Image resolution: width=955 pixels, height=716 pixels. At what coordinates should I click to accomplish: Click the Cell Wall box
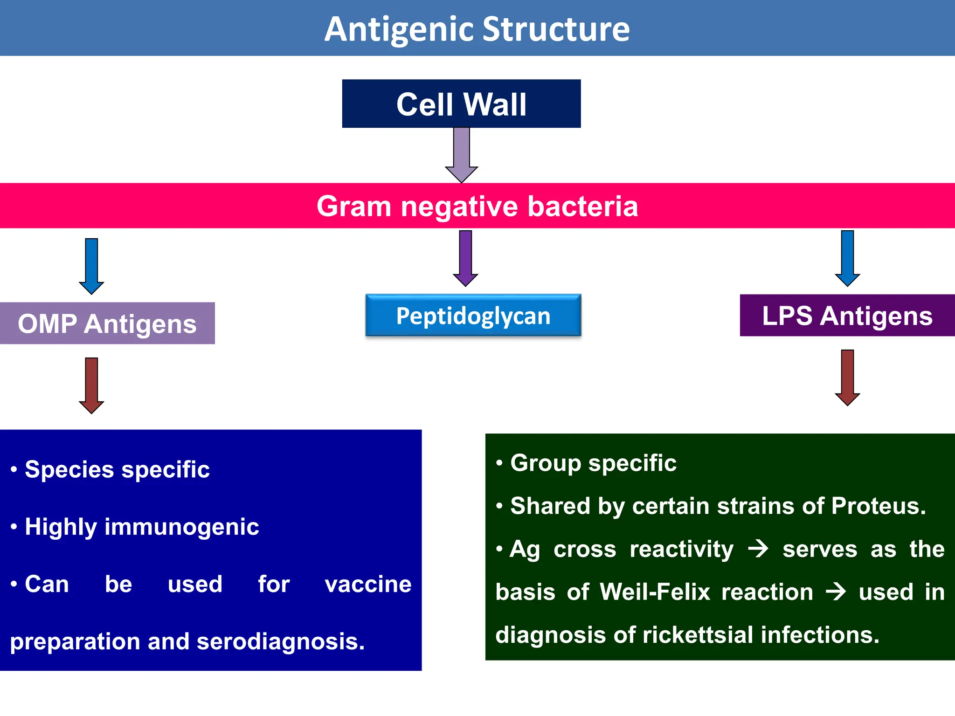pos(461,103)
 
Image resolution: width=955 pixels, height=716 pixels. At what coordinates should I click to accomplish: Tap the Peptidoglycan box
pos(473,316)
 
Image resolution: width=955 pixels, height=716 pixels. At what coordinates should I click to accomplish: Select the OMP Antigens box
pos(107,324)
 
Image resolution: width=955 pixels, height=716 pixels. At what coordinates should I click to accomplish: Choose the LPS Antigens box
pos(847,316)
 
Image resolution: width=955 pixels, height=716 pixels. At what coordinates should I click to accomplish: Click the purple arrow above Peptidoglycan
pos(465,258)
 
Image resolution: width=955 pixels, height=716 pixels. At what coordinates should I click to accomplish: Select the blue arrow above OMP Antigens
pos(91,266)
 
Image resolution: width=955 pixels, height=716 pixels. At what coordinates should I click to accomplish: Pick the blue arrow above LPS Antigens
pos(847,258)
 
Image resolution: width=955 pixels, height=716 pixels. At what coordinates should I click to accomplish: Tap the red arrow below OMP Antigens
pos(91,385)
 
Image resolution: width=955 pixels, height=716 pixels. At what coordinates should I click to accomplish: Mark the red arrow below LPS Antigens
pos(847,377)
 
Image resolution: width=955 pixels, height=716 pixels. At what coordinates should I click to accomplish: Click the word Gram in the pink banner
pos(353,206)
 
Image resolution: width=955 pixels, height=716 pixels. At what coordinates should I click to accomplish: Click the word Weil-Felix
pos(655,592)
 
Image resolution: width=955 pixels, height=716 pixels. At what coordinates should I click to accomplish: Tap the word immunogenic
pos(181,527)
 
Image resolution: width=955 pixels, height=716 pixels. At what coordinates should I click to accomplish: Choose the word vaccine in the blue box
pos(368,584)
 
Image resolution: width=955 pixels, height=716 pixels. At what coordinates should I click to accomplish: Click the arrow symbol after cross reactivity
pos(758,549)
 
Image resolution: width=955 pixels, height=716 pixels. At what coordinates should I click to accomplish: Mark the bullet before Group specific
pos(499,463)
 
